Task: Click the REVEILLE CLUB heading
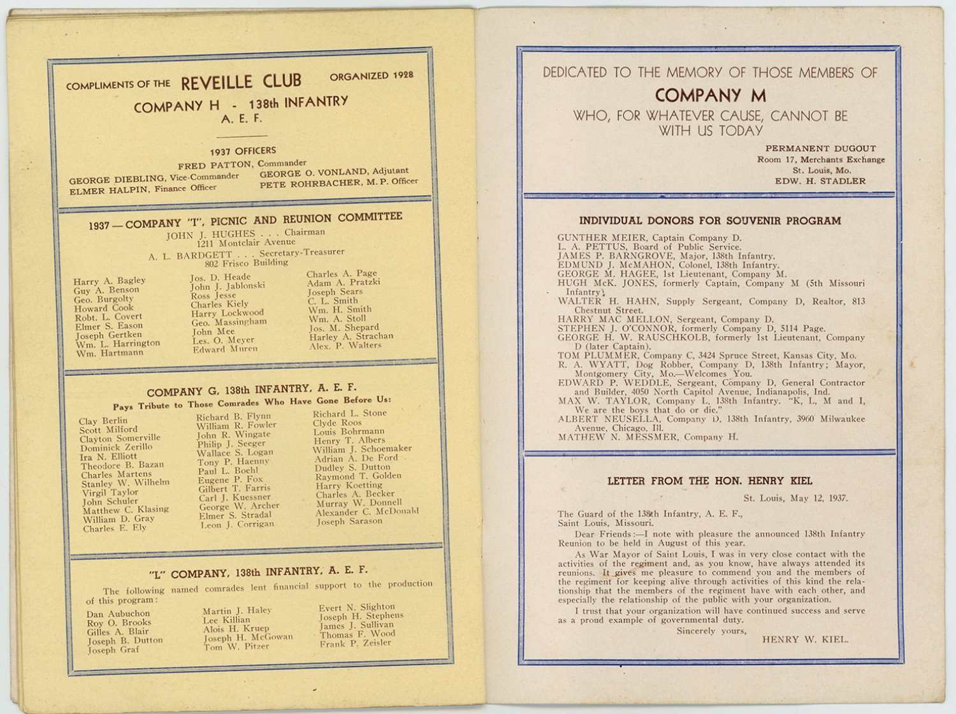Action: coord(241,82)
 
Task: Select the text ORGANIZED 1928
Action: coord(371,75)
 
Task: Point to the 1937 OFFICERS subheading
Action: coord(243,151)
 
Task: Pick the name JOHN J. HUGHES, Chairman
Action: coord(245,234)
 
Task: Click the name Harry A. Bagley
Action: coord(109,281)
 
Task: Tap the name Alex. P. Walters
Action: coord(345,346)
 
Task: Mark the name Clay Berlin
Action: coord(103,421)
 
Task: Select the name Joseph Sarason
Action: coord(349,521)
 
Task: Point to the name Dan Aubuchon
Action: coord(118,614)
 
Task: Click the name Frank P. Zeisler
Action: coord(355,643)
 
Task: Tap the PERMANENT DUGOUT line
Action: coord(820,149)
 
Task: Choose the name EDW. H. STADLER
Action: coord(820,181)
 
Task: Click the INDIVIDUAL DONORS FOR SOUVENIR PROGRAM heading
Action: coord(709,221)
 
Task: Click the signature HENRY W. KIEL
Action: coord(805,639)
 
